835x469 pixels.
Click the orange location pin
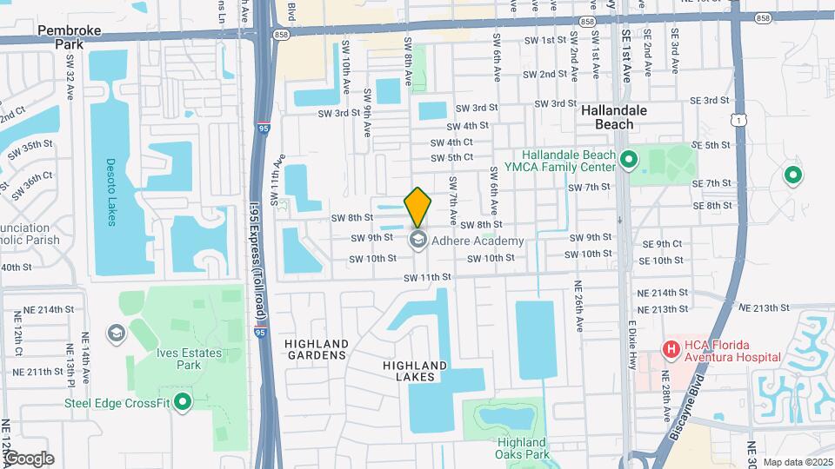click(417, 207)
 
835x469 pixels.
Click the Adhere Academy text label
click(478, 241)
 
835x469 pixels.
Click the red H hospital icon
click(671, 350)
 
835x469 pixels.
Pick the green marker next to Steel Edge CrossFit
click(182, 401)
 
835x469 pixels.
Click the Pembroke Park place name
click(70, 36)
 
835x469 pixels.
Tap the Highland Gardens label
click(317, 349)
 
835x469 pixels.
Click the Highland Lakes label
click(415, 371)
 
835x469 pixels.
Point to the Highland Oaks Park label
click(522, 447)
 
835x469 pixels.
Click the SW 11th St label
click(427, 277)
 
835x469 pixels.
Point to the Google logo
click(28, 458)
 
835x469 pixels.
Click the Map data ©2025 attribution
click(798, 461)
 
